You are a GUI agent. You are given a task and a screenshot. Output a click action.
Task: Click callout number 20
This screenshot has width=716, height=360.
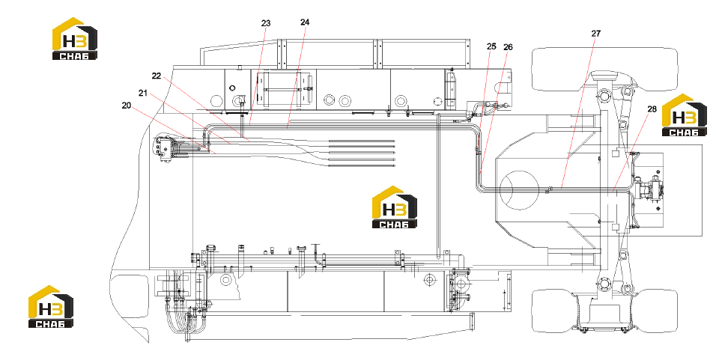tap(127, 106)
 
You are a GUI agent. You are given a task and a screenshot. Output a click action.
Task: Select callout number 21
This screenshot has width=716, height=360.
tap(143, 93)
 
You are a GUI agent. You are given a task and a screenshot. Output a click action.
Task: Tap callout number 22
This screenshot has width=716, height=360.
tap(157, 76)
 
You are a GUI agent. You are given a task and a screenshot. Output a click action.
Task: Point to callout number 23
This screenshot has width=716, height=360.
tap(266, 22)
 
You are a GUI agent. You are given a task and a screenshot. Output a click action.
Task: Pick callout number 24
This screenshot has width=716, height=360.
tap(305, 22)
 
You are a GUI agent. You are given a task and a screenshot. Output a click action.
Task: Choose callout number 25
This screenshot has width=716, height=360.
tap(491, 46)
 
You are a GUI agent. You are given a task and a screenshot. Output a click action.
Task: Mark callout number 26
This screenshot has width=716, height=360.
tap(508, 47)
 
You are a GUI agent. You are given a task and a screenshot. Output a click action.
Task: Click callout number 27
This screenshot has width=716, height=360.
tap(596, 34)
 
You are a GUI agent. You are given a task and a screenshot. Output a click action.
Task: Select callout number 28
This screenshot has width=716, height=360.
tap(652, 109)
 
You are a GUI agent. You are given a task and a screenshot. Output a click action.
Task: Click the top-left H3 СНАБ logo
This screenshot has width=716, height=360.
tap(74, 39)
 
